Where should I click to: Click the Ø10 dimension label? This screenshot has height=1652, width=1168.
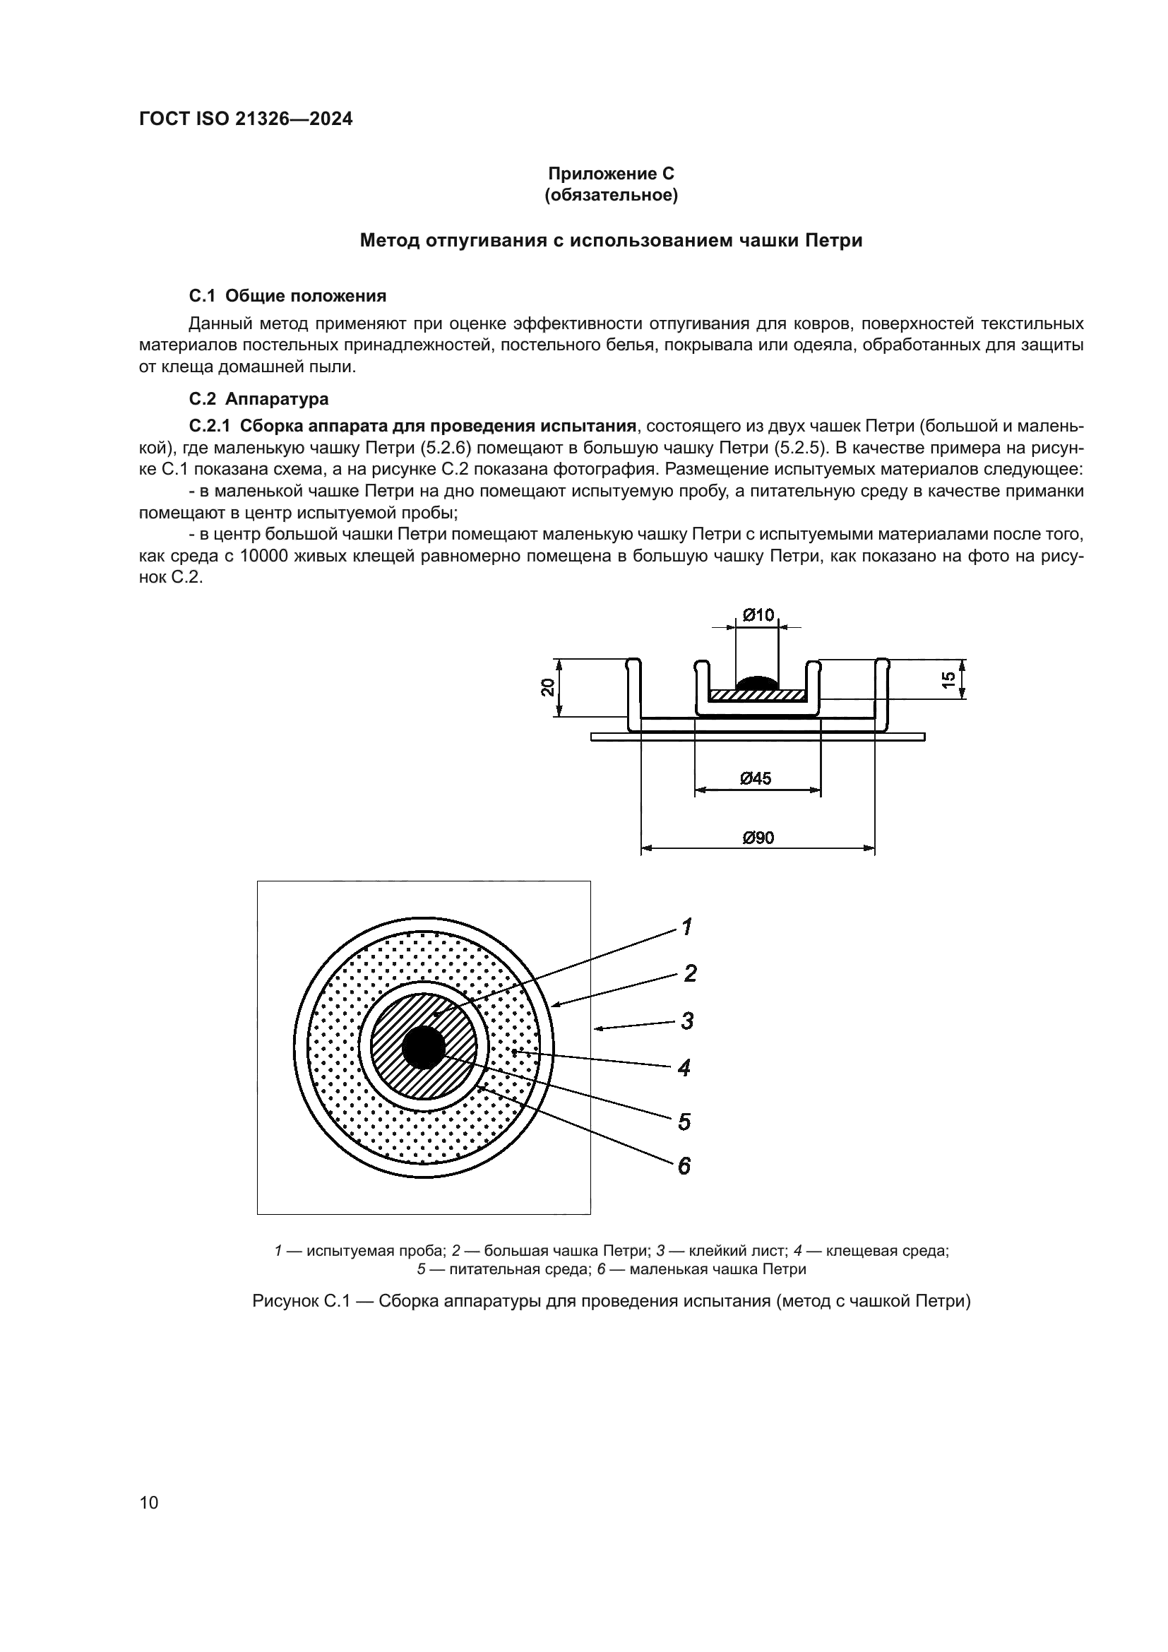pyautogui.click(x=758, y=614)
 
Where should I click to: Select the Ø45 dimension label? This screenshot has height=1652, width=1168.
pyautogui.click(x=756, y=778)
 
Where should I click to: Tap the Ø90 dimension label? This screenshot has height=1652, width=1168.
pyautogui.click(x=758, y=838)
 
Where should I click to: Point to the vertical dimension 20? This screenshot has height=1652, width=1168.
pyautogui.click(x=549, y=687)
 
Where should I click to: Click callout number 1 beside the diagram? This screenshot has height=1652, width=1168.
pyautogui.click(x=687, y=927)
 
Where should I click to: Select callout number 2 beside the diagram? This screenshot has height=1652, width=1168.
pyautogui.click(x=690, y=973)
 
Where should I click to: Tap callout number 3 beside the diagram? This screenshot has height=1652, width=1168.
pyautogui.click(x=688, y=1021)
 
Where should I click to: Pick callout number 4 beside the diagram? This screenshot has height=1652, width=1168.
pyautogui.click(x=684, y=1068)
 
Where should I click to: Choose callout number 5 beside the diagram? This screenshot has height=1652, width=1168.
pyautogui.click(x=684, y=1121)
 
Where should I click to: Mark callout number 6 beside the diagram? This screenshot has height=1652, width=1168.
pyautogui.click(x=684, y=1165)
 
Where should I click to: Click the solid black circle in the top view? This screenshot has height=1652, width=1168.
pyautogui.click(x=424, y=1047)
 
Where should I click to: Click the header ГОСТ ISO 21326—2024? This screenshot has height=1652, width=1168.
pyautogui.click(x=245, y=119)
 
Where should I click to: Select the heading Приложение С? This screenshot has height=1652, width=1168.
pyautogui.click(x=612, y=174)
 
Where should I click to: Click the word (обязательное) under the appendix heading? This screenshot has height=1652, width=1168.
pyautogui.click(x=612, y=195)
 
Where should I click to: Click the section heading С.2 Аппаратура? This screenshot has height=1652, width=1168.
pyautogui.click(x=259, y=398)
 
